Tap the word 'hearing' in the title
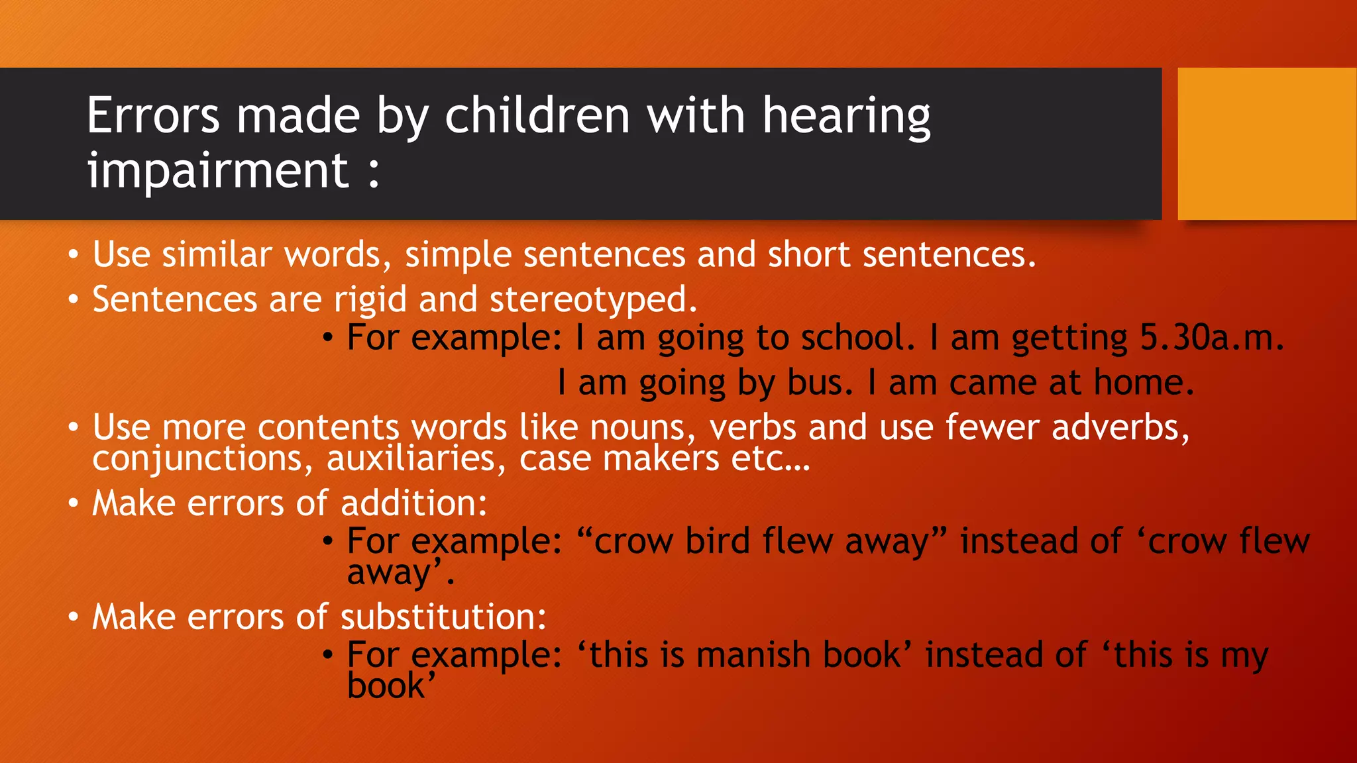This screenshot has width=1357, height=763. coord(846,116)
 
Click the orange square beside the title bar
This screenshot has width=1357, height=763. coord(1266,143)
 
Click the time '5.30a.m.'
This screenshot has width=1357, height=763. coord(1211,338)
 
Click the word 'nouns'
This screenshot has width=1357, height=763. coord(636,427)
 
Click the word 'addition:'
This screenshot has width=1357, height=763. coord(413,503)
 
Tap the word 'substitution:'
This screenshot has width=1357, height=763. coord(443,617)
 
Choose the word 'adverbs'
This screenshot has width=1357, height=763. coord(1119,427)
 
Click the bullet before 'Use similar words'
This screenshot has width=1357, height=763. coord(74,255)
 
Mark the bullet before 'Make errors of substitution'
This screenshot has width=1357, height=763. coord(74,617)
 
